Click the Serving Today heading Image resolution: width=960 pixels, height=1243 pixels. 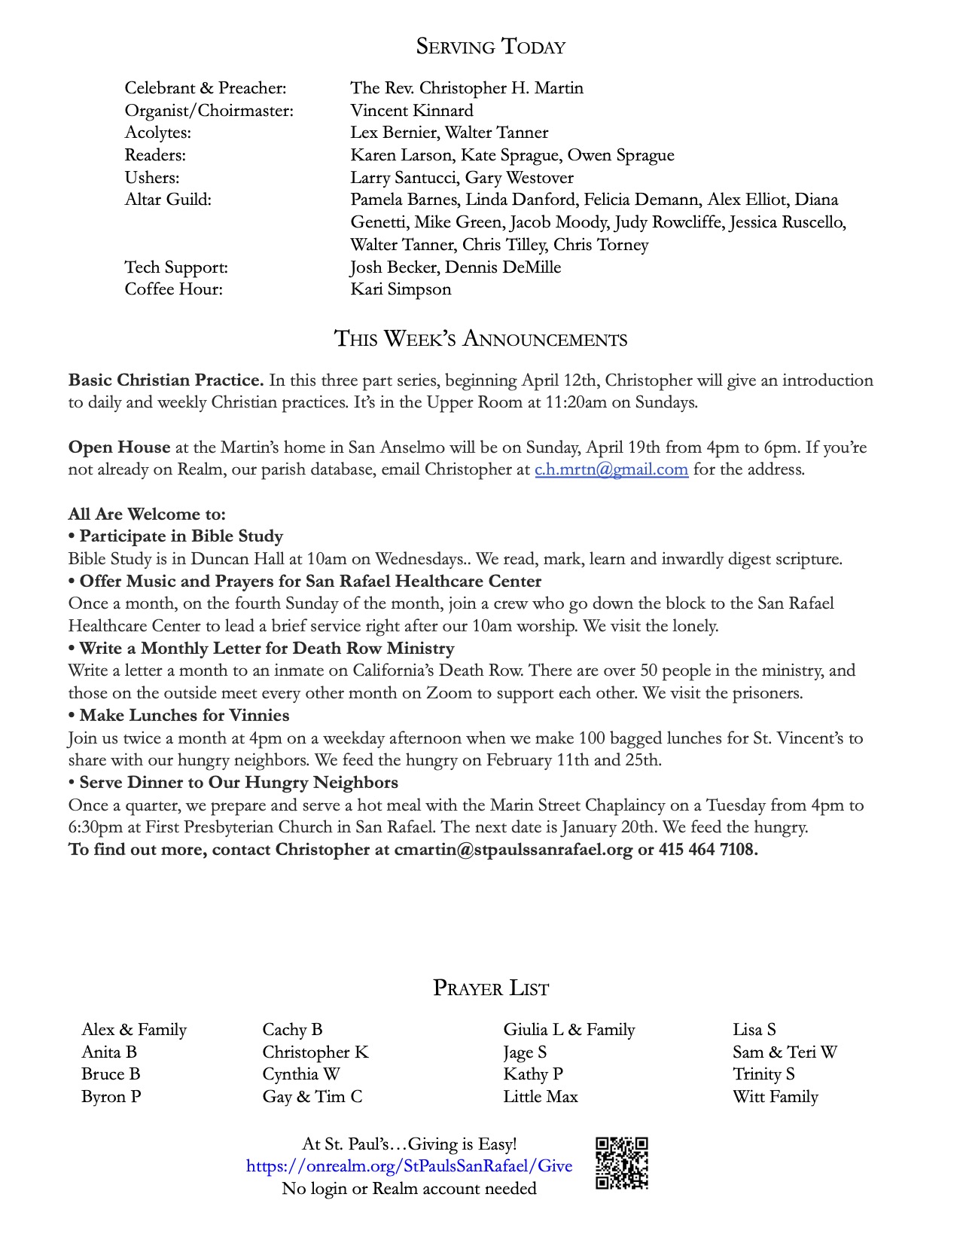click(490, 47)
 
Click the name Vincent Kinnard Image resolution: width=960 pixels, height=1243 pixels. click(411, 111)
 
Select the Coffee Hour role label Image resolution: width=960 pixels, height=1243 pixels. click(173, 289)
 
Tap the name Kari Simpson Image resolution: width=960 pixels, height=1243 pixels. click(401, 289)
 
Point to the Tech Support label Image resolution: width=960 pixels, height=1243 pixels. click(176, 267)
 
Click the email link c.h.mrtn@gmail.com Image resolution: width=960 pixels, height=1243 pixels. click(611, 469)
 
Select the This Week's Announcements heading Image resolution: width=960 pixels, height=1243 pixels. click(480, 339)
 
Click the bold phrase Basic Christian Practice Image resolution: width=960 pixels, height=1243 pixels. click(166, 380)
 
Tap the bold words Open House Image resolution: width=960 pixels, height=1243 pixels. click(119, 447)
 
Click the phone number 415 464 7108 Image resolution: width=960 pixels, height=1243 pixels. click(708, 850)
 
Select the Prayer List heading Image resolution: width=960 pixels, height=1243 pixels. click(491, 988)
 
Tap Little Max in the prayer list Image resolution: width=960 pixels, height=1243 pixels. click(541, 1097)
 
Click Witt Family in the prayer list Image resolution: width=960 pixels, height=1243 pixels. click(775, 1097)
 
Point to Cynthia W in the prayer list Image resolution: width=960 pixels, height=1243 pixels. click(300, 1074)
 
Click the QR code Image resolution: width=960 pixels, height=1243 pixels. click(622, 1163)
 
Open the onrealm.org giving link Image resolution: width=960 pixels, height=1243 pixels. click(409, 1166)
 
